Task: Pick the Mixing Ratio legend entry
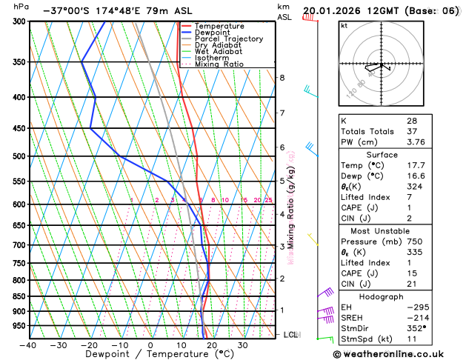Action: (x=219, y=64)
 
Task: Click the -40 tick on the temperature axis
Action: (x=28, y=345)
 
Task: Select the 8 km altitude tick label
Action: (x=282, y=78)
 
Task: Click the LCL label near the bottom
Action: (x=291, y=335)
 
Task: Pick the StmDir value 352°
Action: (x=418, y=328)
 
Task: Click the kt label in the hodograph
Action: (x=344, y=25)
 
